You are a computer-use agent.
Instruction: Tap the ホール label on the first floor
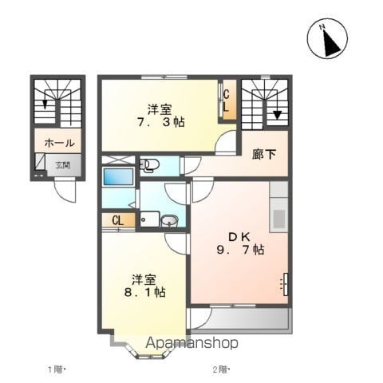coord(60,143)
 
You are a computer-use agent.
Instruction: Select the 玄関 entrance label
coord(63,165)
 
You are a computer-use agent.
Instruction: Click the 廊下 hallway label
coord(264,154)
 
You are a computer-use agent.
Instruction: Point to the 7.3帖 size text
coord(161,122)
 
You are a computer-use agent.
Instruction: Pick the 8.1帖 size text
coord(145,293)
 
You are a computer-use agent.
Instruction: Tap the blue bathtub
coord(118,176)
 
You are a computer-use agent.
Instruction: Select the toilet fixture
coord(149,166)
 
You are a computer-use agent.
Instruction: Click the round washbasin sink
coord(170,220)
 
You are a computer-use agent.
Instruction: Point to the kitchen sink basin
coord(279,219)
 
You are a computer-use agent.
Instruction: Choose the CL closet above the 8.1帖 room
coord(119,220)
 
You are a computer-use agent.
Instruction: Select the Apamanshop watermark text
coord(191,343)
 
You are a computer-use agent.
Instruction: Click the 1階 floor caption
coord(57,369)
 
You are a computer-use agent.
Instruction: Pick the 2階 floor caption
coord(221,369)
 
